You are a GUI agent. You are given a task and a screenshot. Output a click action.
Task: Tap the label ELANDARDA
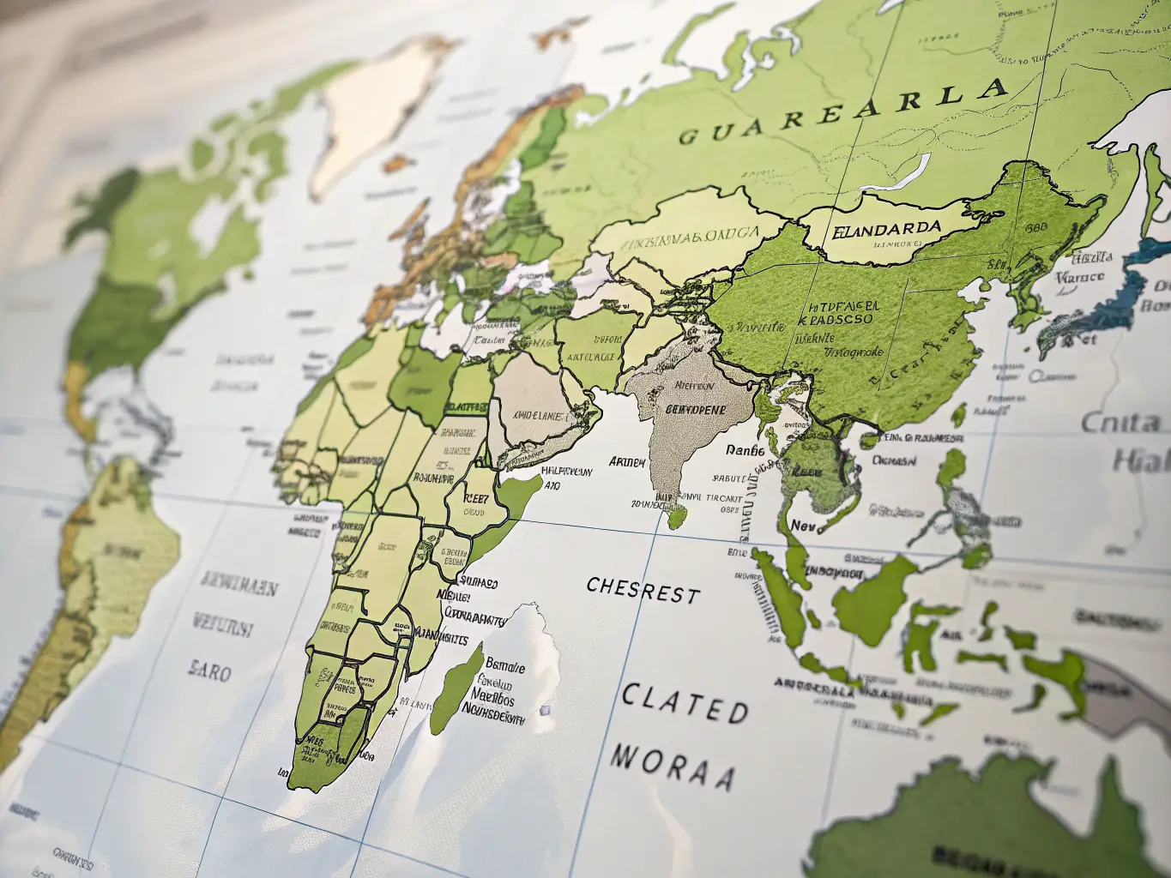pos(886,230)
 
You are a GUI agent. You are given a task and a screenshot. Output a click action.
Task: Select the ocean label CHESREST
pos(643,590)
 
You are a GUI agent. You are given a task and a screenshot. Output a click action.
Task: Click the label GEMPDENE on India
pos(689,410)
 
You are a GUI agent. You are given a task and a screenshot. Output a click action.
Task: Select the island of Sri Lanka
pos(678,516)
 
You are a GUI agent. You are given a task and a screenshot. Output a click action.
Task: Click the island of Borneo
pos(875,592)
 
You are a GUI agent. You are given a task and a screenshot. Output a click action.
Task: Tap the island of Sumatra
pos(785,600)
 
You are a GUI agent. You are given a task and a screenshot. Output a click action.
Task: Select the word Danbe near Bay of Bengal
pos(744,449)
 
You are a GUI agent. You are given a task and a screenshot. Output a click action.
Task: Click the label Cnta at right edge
pos(1120,422)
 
